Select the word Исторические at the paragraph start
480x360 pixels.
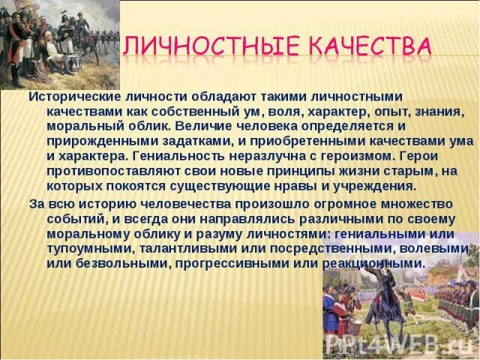(x=73, y=97)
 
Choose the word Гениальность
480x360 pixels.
(x=184, y=156)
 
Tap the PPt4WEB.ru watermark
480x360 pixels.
(x=397, y=344)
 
